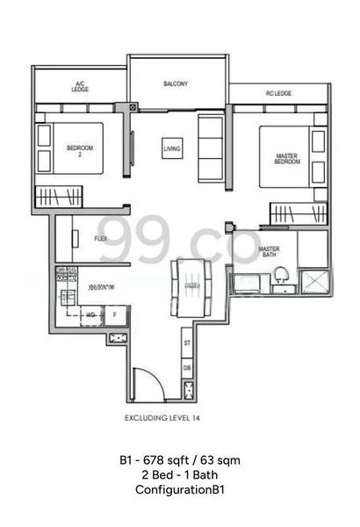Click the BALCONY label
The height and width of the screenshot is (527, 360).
click(x=175, y=84)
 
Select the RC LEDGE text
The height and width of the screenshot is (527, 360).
click(x=278, y=93)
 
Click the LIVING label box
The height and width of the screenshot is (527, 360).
click(x=172, y=150)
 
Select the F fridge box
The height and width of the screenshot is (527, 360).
click(x=115, y=313)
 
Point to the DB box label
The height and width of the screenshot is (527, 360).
click(x=187, y=366)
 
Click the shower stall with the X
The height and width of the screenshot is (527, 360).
click(x=313, y=281)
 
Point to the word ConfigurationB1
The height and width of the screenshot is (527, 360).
click(x=180, y=490)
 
